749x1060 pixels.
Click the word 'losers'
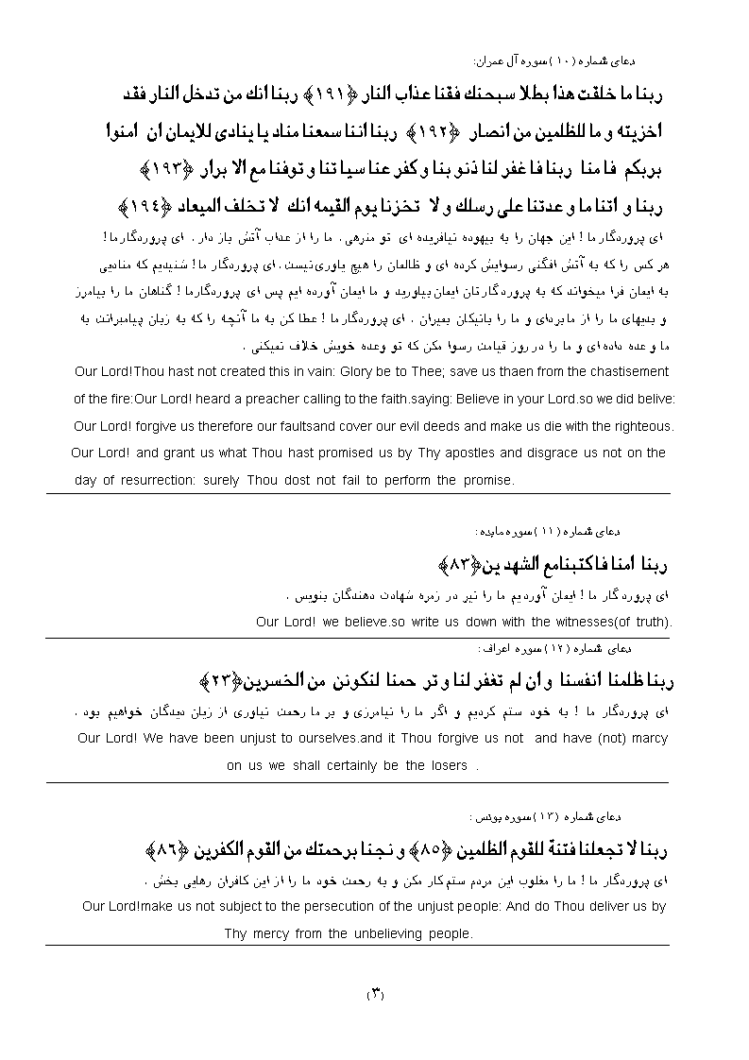pyautogui.click(x=448, y=766)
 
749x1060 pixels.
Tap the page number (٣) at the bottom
pyautogui.click(x=374, y=994)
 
